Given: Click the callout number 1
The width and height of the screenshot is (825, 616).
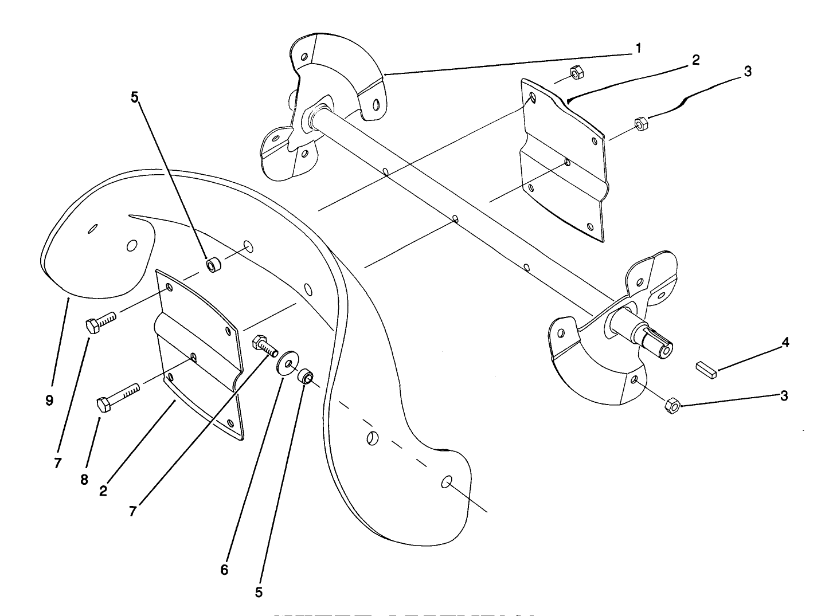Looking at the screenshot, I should [x=638, y=48].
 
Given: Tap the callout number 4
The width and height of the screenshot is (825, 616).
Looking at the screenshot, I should [x=785, y=343].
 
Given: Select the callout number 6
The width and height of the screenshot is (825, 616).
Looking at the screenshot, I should [x=224, y=570].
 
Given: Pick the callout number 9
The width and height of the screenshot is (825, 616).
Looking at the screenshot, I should [x=49, y=401].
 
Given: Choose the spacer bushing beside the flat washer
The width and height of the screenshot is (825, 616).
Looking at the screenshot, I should [x=304, y=378].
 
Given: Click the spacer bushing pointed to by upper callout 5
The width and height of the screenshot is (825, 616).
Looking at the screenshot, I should [x=214, y=265].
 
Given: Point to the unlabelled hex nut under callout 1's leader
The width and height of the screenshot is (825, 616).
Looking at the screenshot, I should [x=576, y=72].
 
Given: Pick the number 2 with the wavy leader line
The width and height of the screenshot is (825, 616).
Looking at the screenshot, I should [x=695, y=60].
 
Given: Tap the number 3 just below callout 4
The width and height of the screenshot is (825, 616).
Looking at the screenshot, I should [x=783, y=395].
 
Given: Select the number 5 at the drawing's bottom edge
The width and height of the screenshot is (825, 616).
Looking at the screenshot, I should [x=259, y=592].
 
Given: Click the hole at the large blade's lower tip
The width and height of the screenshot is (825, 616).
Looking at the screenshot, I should [x=447, y=482].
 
